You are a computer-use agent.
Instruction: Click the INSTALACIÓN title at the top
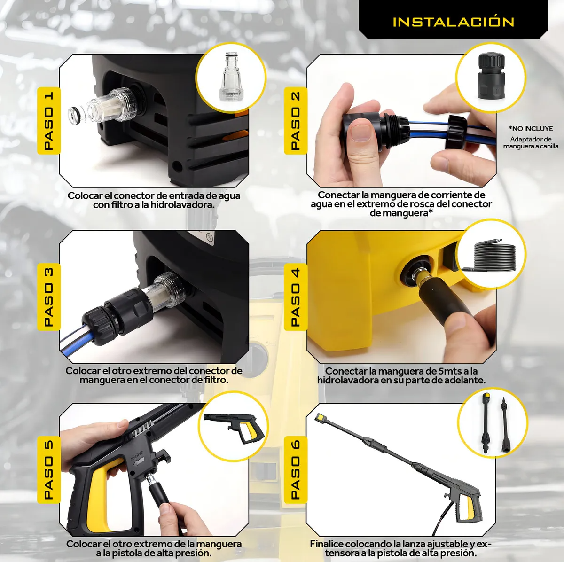tap(453, 22)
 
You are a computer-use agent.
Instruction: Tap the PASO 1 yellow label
tap(48, 121)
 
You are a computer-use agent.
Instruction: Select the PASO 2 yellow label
tap(296, 121)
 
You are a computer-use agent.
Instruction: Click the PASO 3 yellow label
tap(48, 297)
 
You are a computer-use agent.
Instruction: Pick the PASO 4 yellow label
tap(296, 297)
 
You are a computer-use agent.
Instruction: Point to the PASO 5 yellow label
tap(48, 470)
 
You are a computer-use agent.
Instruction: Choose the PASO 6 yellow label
tap(296, 470)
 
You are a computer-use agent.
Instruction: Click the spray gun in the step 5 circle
tap(234, 428)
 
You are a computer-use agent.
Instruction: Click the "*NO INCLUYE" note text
tap(531, 128)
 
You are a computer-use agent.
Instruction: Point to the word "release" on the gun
tap(137, 456)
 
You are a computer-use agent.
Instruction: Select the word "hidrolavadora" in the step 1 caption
tap(183, 205)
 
